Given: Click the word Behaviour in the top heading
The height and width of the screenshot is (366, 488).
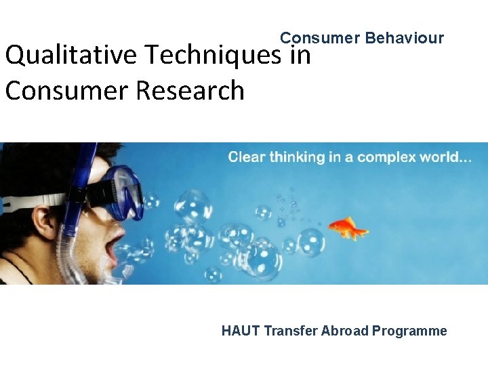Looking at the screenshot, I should tap(404, 38).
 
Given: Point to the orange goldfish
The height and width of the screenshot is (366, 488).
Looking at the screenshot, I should tap(348, 228).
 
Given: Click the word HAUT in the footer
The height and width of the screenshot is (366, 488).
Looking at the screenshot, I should tap(241, 331).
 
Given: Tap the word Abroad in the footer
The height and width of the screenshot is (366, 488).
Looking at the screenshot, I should tap(345, 331).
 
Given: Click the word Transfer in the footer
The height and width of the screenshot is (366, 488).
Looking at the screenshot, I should tap(291, 331).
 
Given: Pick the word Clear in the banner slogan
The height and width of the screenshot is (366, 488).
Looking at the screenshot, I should tap(247, 157).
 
